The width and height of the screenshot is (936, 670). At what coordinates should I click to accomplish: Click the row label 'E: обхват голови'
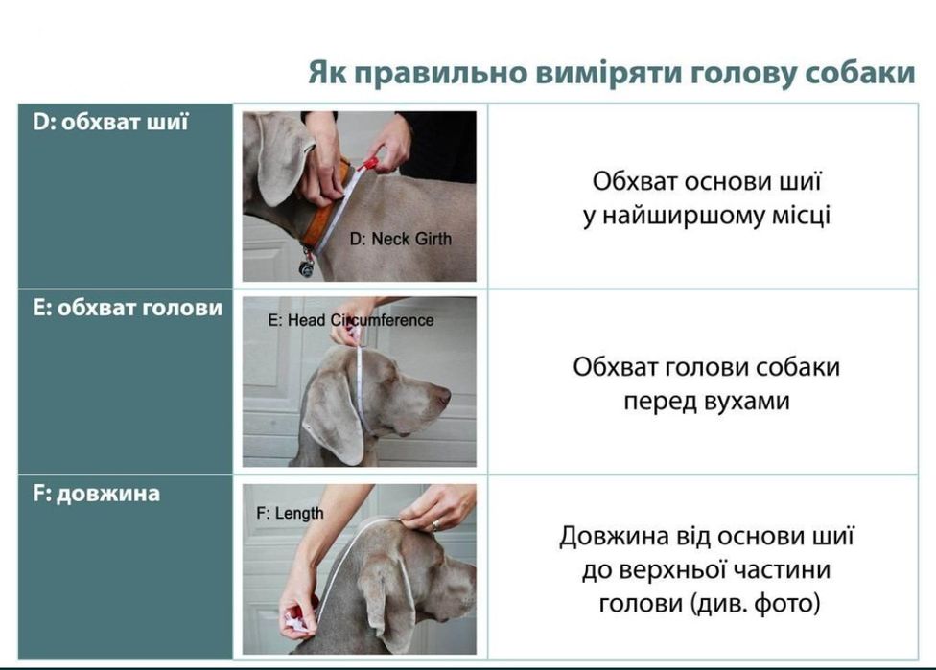click(x=120, y=308)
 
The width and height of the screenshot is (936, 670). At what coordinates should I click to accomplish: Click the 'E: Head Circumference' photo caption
click(x=350, y=320)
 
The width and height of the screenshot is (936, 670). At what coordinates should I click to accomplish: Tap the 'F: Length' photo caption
click(x=290, y=514)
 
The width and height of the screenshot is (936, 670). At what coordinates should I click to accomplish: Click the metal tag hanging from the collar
click(x=306, y=266)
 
